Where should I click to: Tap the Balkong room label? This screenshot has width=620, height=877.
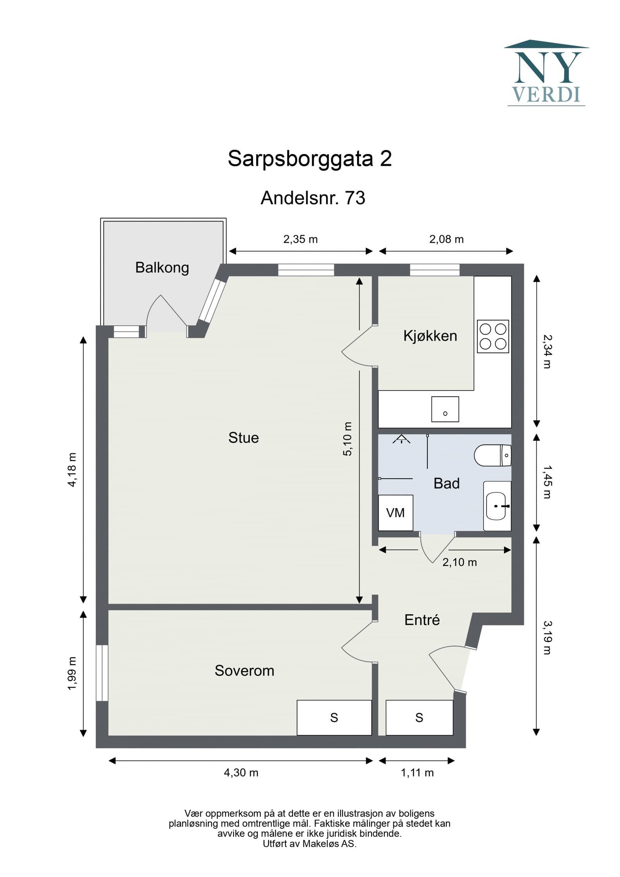coord(162,268)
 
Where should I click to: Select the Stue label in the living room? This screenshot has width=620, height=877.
coord(243,438)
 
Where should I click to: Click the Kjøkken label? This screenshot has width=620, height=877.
coord(430,336)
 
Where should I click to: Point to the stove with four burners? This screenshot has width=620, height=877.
coord(493,336)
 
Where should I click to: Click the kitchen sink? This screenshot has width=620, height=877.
coord(445,409)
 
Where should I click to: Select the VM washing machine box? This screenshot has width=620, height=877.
coord(396,513)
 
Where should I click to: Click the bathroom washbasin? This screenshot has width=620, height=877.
coord(496,506)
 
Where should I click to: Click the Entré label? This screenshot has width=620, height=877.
coord(422,620)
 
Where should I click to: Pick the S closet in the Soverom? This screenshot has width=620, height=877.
coord(334,718)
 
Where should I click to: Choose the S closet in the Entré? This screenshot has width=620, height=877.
coord(419,718)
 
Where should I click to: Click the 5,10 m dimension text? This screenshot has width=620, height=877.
coord(348,439)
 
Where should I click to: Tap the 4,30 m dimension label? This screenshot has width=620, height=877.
coord(241,773)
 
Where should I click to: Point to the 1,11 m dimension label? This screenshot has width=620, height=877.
coord(417,773)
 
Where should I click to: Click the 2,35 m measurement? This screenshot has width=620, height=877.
coord(300,239)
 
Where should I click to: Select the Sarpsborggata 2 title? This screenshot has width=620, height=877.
coord(310,159)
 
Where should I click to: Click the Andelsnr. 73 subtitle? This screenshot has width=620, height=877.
coord(313,198)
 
